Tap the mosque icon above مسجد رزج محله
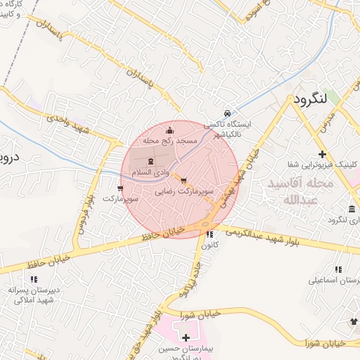(169, 130)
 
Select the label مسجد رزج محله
(169, 141)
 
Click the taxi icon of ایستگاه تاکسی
(226, 113)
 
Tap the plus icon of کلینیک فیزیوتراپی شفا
(322, 154)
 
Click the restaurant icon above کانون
(210, 235)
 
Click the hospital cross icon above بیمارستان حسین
(186, 338)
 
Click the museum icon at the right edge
(352, 209)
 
